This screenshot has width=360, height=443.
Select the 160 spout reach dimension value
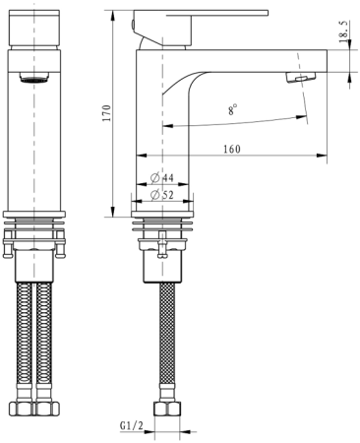click(232, 149)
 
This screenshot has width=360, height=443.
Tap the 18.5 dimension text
click(343, 32)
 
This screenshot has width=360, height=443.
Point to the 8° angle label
click(232, 111)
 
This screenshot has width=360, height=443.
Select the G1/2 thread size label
click(132, 426)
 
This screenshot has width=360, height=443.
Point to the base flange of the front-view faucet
click(36, 213)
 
